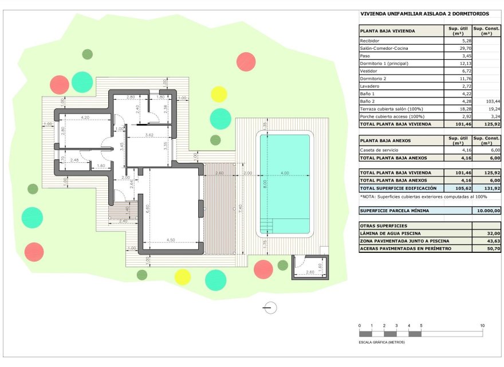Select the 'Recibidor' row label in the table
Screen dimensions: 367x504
click(369, 41)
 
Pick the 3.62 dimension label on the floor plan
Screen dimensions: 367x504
click(149, 135)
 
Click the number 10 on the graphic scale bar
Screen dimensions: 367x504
click(482, 325)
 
